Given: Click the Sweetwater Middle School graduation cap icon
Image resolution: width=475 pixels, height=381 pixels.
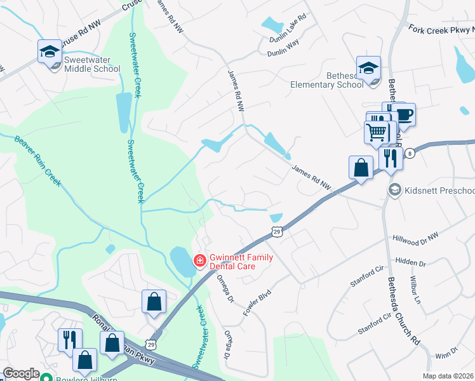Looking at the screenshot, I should tap(50, 51).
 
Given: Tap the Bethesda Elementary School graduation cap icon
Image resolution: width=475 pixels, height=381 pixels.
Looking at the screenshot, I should tap(368, 67).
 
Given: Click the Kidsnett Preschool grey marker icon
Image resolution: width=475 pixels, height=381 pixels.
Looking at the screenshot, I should tap(395, 190).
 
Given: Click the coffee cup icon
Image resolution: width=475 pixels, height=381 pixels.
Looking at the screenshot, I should tap(403, 115).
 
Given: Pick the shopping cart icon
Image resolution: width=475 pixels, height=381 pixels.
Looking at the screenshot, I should tap(376, 133).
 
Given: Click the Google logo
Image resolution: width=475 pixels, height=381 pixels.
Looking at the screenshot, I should tap(21, 373).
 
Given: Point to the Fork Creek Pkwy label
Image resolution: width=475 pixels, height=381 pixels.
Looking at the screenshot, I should tap(442, 30).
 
